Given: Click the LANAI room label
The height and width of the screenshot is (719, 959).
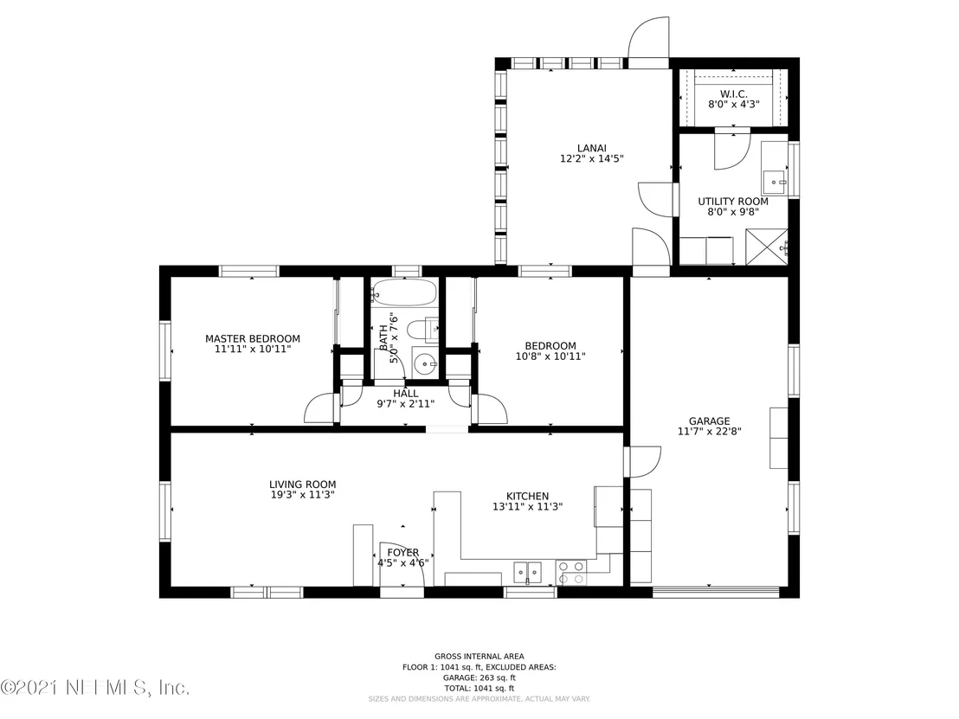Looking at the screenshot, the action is tap(591, 148).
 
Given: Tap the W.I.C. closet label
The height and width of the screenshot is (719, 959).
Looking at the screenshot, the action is tap(733, 94).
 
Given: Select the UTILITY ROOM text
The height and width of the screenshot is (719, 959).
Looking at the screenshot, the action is tap(733, 201).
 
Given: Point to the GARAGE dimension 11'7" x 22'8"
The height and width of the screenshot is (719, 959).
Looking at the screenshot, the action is tap(710, 431).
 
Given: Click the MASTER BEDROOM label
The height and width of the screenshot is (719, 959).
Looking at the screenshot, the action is tap(253, 338).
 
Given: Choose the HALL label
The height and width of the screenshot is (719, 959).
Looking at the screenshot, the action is tap(405, 394).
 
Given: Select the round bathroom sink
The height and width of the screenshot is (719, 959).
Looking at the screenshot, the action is tap(424, 365).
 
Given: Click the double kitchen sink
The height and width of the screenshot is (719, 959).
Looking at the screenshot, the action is tap(528, 572).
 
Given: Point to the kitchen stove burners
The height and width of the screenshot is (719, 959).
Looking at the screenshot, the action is tap(570, 572).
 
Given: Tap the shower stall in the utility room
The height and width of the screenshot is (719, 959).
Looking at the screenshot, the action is tap(766, 247).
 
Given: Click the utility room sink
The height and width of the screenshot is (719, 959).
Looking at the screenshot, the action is tap(775, 182).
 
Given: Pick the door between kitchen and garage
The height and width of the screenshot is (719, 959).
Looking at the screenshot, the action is tap(643, 462).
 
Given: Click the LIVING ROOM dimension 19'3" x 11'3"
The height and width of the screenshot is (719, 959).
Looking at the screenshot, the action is tap(302, 495).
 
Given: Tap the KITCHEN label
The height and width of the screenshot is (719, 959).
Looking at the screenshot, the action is tap(527, 497).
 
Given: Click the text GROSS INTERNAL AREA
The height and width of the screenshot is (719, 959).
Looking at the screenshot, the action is tap(479, 657).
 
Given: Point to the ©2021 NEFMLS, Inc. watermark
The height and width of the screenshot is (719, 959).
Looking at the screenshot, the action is tap(95, 688).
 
